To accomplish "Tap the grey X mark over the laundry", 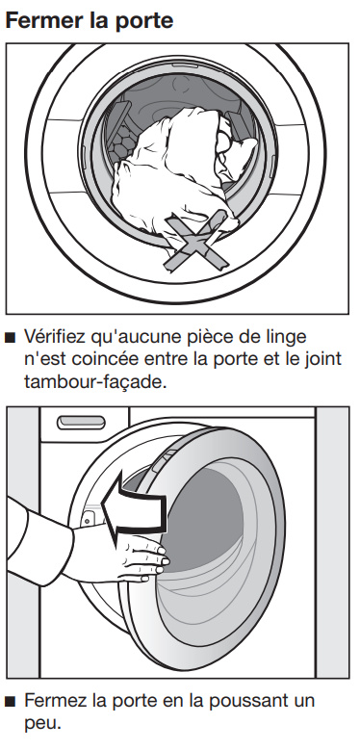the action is tap(195, 240).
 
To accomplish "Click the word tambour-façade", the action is tap(95, 382).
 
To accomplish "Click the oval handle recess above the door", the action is tap(81, 422).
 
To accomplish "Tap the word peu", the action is tap(43, 724).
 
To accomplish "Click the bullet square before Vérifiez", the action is tap(10, 339).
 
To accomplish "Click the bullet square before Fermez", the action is tap(10, 702).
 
